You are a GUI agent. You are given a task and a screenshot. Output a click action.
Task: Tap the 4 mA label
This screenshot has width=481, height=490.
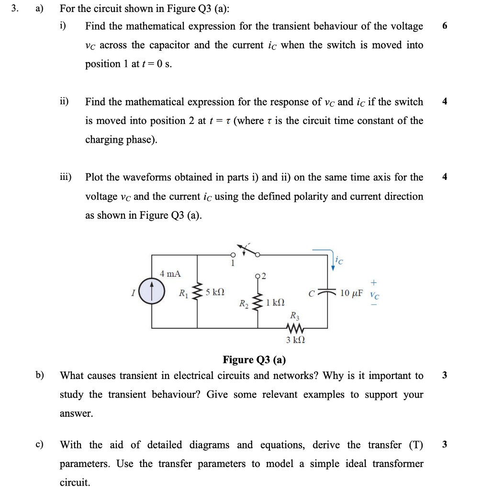[170, 274]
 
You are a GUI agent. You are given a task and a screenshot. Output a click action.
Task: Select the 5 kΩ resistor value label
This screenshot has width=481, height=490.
[215, 292]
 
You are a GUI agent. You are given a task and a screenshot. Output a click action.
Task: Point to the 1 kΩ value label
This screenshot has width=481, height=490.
[275, 302]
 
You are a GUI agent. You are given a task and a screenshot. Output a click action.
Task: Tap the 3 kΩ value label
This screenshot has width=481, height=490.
[295, 341]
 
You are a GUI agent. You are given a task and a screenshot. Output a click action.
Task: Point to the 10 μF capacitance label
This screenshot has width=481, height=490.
[351, 292]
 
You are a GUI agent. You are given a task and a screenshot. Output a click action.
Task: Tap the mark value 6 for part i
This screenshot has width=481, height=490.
[445, 26]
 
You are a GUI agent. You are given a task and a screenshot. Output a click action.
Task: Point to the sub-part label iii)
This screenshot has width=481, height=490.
[65, 177]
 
